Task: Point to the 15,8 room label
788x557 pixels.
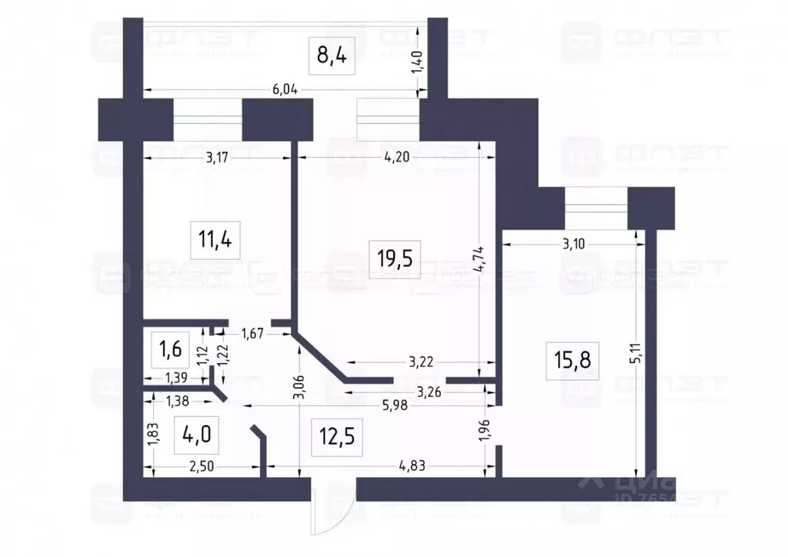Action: (x=573, y=359)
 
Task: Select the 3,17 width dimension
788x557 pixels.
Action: (x=221, y=158)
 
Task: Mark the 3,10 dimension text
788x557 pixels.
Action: (x=578, y=244)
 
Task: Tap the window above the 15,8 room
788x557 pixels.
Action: (x=596, y=208)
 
